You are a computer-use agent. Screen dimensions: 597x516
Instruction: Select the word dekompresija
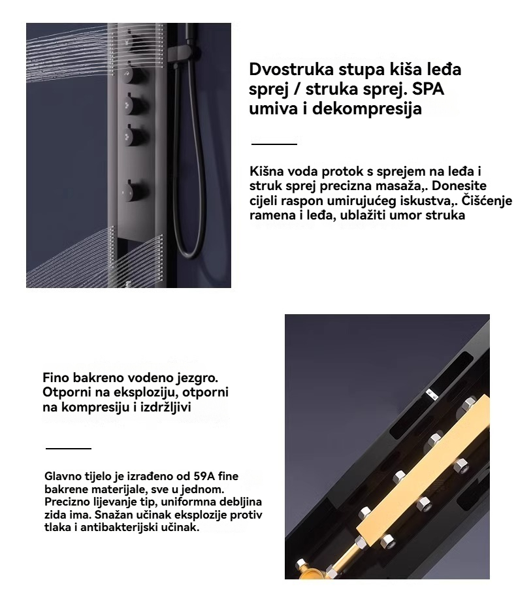click(x=366, y=108)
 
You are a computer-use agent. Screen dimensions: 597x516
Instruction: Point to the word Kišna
click(x=268, y=172)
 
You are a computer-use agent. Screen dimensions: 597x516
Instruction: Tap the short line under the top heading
click(x=274, y=144)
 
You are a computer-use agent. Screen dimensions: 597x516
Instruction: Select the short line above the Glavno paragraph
click(x=69, y=448)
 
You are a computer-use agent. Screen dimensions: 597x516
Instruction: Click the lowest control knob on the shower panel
click(x=133, y=189)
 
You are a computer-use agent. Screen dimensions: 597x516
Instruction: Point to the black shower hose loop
click(x=187, y=163)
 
